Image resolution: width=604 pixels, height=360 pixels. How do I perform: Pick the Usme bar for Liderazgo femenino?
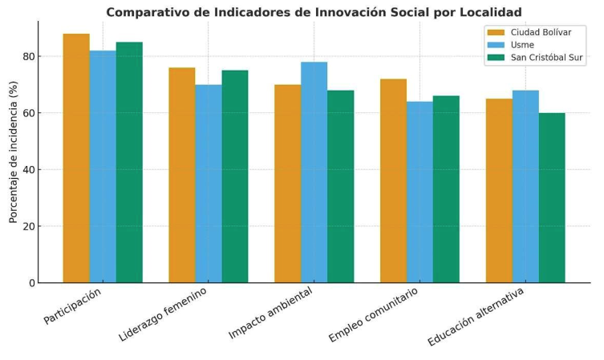tap(209, 184)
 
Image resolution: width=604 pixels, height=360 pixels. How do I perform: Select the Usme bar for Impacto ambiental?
tap(314, 172)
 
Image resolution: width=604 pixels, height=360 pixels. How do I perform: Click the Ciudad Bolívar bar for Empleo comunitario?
tap(393, 180)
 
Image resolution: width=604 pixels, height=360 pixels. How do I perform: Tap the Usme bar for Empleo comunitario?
tap(420, 192)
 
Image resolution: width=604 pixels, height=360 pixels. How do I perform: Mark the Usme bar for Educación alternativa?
tap(525, 186)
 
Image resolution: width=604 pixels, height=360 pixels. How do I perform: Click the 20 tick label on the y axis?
tap(28, 227)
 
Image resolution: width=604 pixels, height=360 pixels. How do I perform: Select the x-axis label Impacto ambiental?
tap(271, 313)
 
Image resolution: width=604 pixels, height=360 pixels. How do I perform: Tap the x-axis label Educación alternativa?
tap(476, 318)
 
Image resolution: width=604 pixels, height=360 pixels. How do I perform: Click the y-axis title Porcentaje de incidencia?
tap(14, 152)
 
